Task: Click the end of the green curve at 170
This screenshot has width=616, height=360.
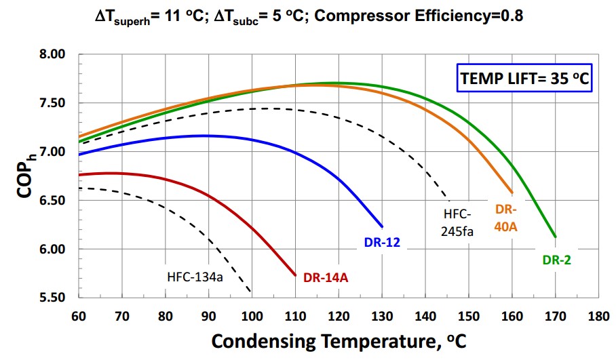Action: [556, 237]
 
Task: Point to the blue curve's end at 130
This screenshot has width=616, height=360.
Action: [383, 226]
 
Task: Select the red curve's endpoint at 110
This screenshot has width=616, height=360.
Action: [296, 275]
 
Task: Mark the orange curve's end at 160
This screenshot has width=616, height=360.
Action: [512, 193]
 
